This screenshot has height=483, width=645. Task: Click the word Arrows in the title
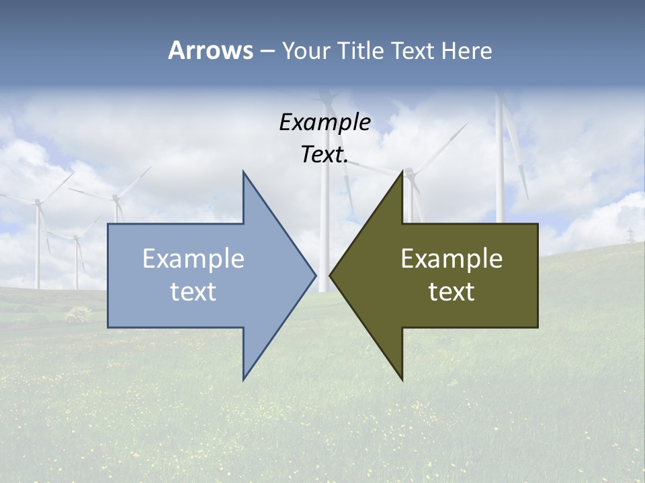pos(210,50)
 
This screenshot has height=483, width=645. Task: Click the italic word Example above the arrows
pos(325,123)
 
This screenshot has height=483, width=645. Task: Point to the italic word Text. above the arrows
pos(325,155)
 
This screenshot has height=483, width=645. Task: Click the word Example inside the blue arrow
pos(193,259)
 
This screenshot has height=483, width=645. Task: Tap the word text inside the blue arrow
pos(193,291)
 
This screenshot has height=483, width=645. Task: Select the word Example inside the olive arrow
pos(451,259)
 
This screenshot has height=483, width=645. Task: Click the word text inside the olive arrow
pos(451,291)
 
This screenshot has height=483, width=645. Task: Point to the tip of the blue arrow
pos(315,274)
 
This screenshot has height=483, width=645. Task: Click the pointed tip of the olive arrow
pos(330,274)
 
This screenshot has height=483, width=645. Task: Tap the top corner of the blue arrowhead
pos(243,172)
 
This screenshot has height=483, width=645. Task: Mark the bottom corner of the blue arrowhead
pos(243,380)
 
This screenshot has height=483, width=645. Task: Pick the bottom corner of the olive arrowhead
pos(402,380)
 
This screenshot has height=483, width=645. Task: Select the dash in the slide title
pos(267,51)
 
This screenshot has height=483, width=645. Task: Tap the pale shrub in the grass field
pos(79,313)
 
